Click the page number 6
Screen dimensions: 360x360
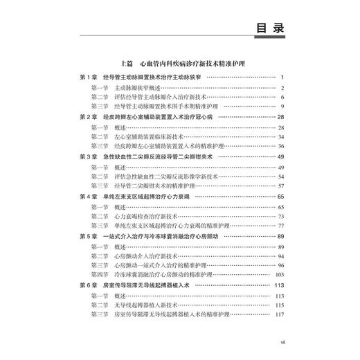284,98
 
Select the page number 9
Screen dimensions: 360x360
284,107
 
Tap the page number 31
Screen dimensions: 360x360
282,137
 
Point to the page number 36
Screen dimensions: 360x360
282,147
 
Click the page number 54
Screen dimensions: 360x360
282,177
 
